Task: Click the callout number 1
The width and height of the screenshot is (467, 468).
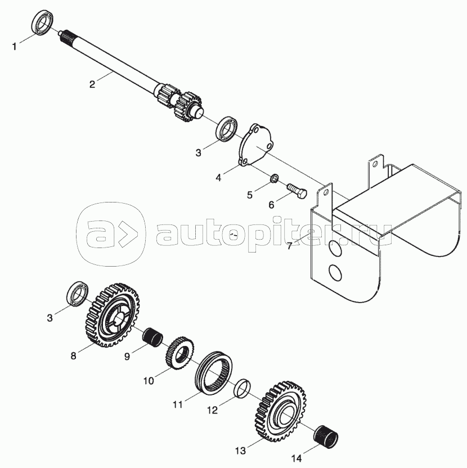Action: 14,47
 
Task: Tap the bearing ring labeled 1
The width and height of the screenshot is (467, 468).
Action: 42,23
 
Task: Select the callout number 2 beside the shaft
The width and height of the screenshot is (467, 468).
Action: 92,84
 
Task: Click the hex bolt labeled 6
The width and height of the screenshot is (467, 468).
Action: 297,191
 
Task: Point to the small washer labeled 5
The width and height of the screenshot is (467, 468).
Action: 274,179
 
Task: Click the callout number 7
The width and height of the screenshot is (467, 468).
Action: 289,246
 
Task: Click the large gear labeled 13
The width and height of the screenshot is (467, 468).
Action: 280,411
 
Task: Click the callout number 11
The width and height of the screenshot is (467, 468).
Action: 178,405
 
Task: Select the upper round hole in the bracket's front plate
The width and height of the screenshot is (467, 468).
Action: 335,248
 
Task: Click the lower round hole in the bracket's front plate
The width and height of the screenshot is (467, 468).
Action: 335,272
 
